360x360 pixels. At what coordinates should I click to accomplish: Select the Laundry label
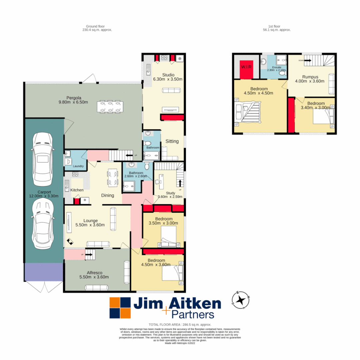pos(78,166)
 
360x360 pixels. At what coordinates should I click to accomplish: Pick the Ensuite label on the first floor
pos(276,67)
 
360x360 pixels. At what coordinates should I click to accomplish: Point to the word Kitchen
pos(77,190)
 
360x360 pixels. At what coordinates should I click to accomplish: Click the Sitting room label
pos(172,141)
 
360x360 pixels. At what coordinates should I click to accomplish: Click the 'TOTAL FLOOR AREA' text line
pos(180,324)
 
